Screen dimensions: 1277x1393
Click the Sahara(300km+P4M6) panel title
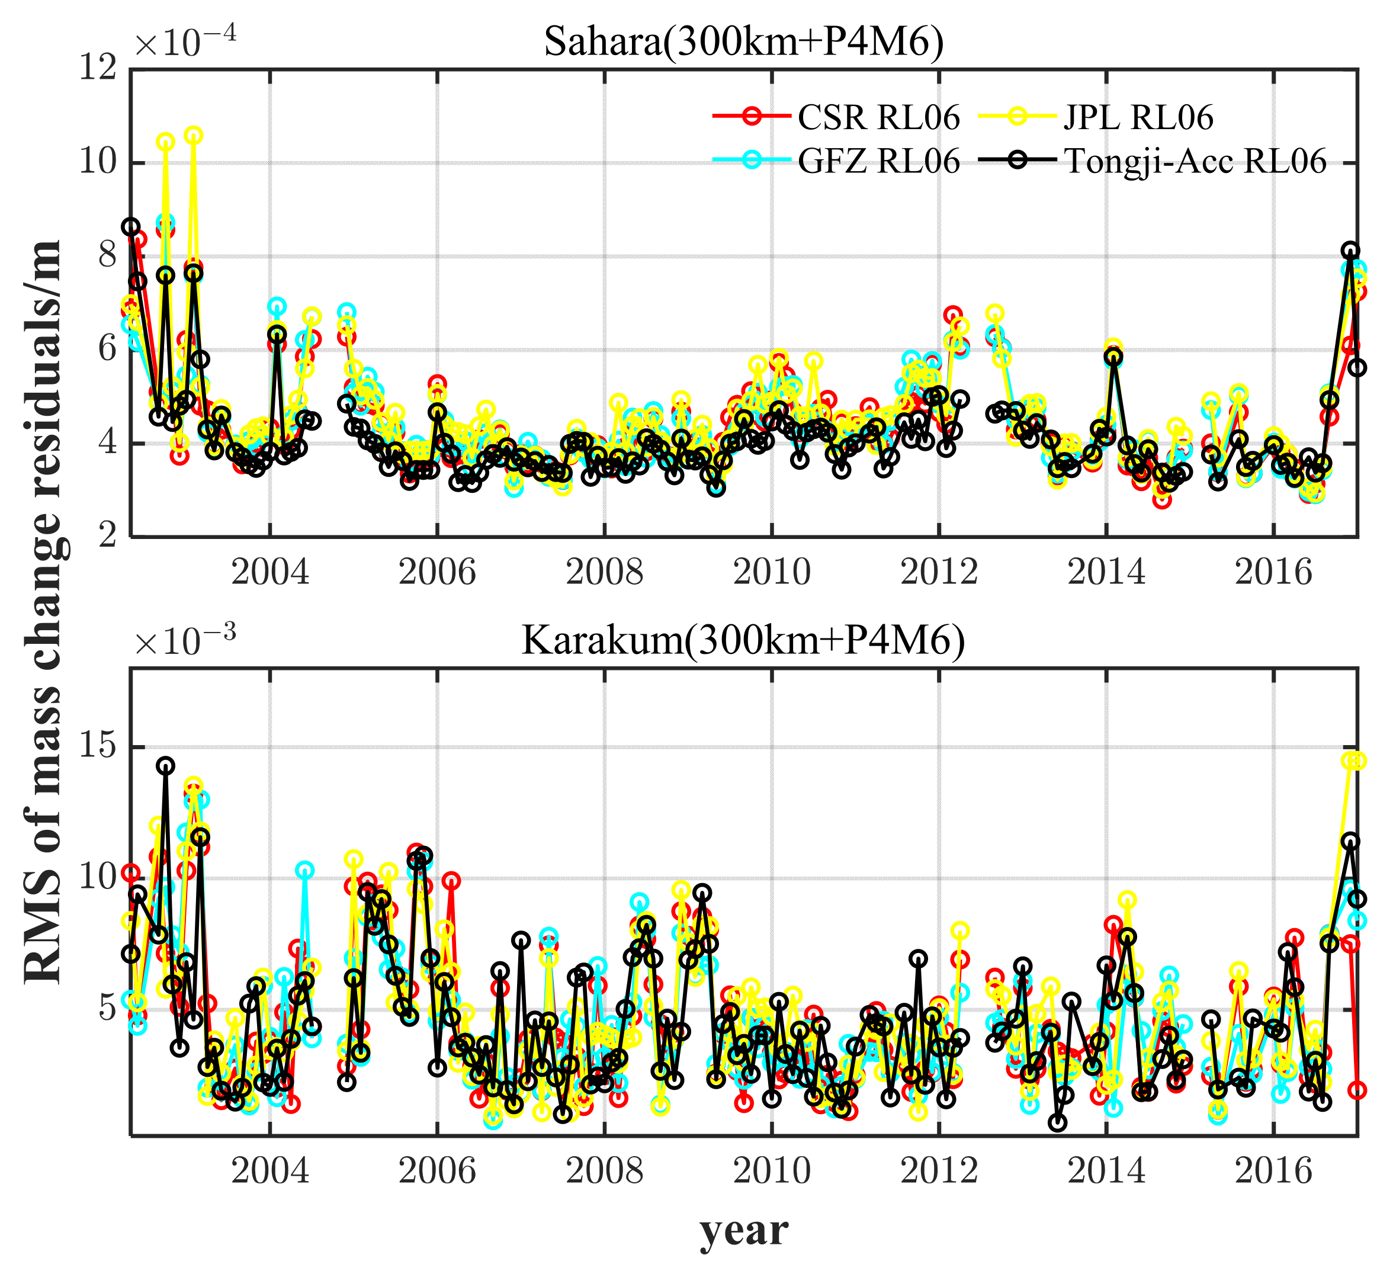pos(743,43)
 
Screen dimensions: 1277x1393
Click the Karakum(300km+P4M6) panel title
pos(743,641)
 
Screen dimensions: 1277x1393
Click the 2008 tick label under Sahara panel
pos(605,573)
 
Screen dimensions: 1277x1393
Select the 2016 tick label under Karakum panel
pos(1273,1170)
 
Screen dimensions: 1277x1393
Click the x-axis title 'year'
pos(743,1231)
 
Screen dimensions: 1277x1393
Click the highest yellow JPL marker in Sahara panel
pos(194,136)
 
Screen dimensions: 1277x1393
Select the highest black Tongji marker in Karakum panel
pos(165,766)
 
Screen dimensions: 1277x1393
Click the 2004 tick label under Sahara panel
pos(270,573)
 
